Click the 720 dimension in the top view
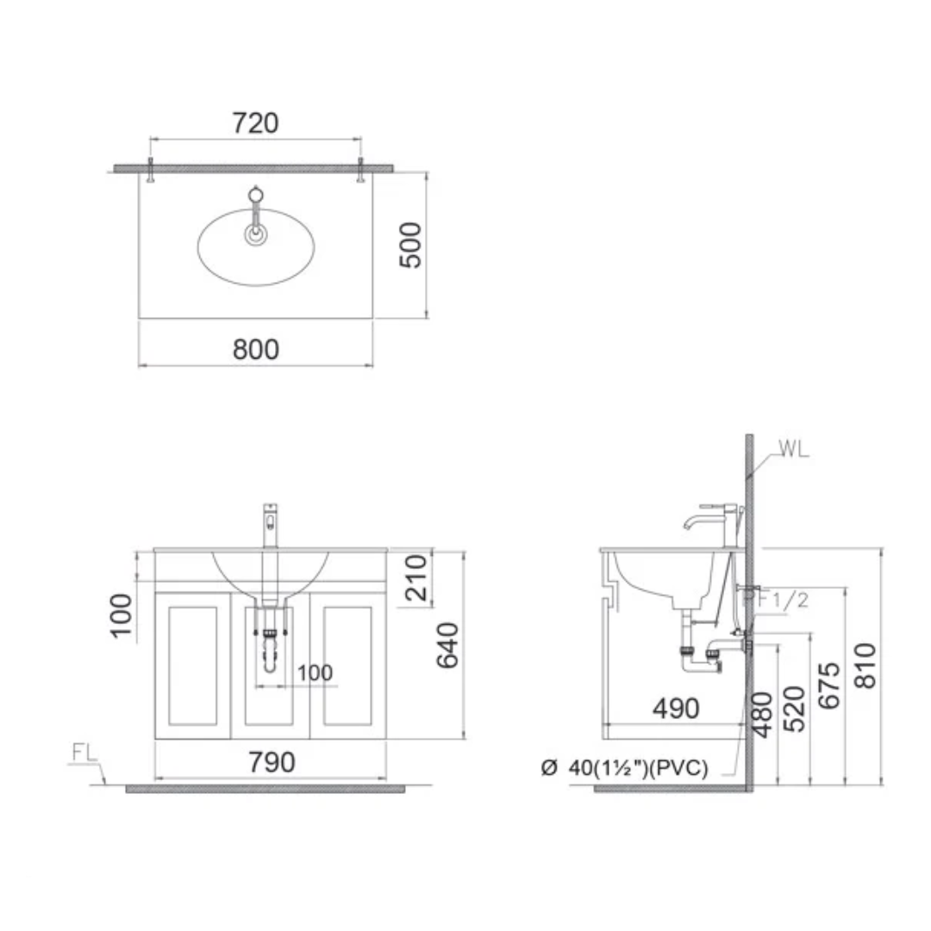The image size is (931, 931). [255, 123]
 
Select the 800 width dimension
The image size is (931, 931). [256, 349]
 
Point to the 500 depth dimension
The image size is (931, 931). [410, 245]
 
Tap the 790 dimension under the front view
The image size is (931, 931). [272, 762]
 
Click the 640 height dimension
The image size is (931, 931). [447, 646]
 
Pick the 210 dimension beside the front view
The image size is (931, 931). [416, 578]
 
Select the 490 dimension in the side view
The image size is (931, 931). [677, 709]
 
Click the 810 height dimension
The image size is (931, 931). [865, 665]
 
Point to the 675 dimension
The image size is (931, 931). [829, 686]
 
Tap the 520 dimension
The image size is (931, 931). [794, 709]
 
